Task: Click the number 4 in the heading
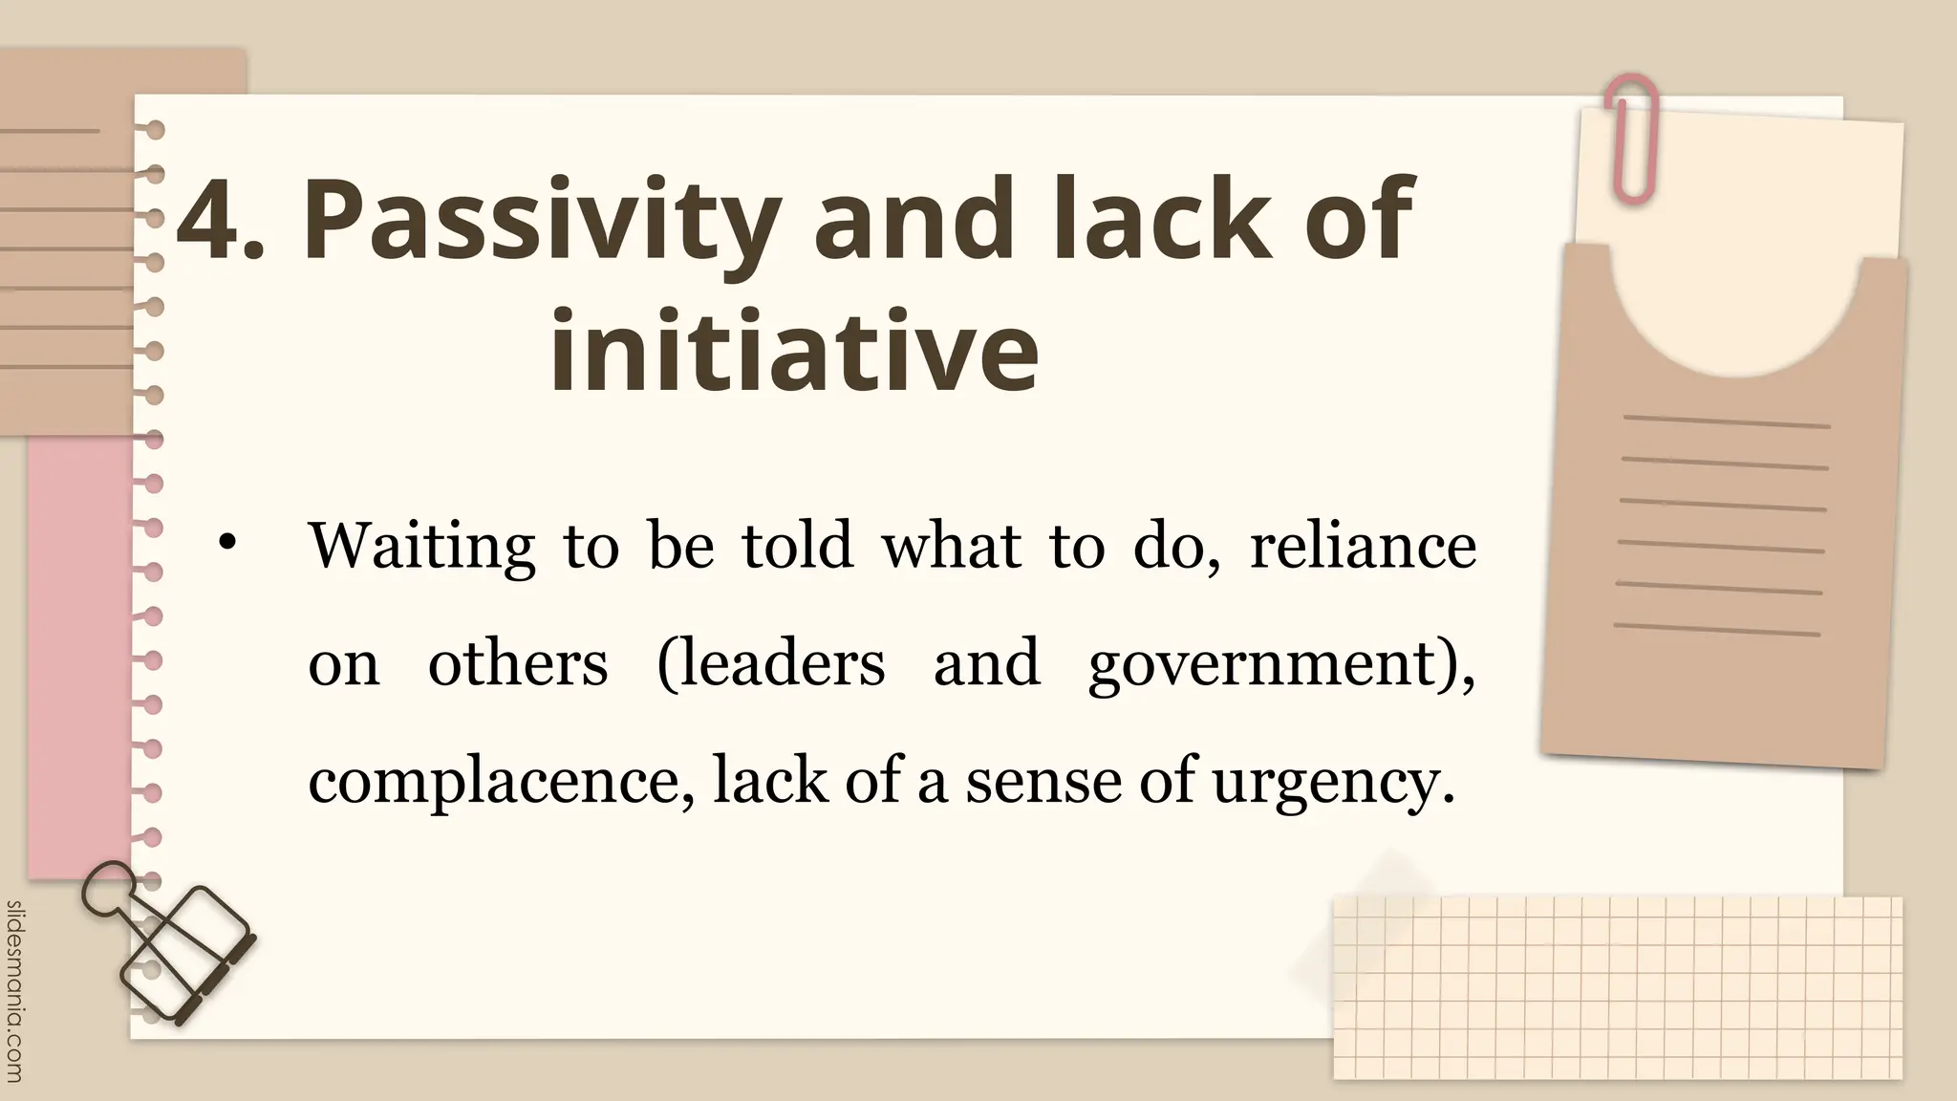tap(208, 222)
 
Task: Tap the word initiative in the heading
tap(794, 350)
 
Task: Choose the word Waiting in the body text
tap(421, 547)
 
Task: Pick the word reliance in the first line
tap(1363, 547)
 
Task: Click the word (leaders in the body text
tap(771, 662)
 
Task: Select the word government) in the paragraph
tap(1281, 664)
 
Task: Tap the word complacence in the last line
tap(501, 782)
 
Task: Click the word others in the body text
tap(517, 662)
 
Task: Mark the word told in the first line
tap(797, 547)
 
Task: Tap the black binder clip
tap(172, 942)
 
